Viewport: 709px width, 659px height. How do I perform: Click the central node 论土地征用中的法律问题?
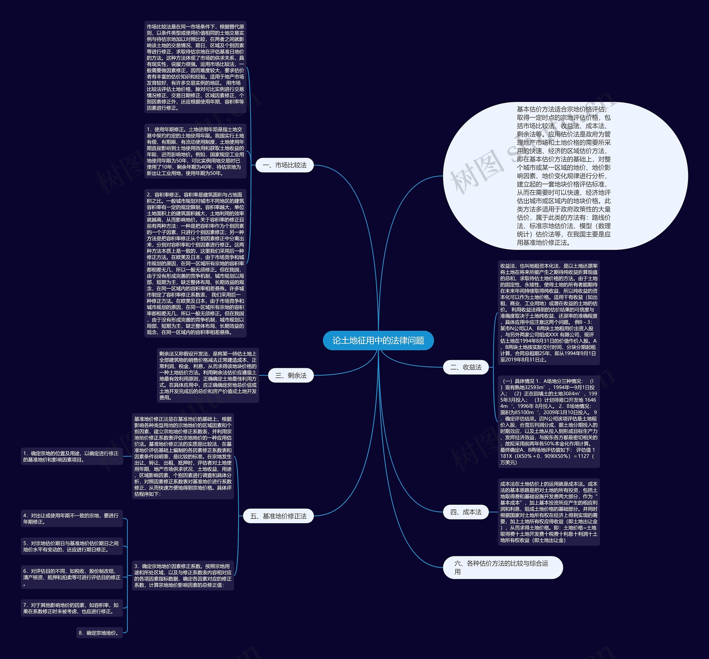(378, 340)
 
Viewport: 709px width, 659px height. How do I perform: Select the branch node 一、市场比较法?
(284, 165)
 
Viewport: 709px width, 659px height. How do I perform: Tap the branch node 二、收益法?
(466, 367)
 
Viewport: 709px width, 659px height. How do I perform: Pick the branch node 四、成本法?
(466, 512)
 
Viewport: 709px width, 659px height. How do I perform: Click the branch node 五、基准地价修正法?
(278, 516)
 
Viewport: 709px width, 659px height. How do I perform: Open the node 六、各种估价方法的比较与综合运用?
(503, 567)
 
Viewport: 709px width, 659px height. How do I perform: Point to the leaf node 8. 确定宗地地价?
(99, 633)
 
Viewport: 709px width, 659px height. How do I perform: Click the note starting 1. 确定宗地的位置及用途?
(72, 457)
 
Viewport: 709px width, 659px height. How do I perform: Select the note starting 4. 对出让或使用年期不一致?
(72, 519)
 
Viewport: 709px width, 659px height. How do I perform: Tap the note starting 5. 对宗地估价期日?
(72, 546)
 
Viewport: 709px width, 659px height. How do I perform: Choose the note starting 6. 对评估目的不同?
(72, 577)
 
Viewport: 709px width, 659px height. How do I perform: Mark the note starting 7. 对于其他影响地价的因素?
(72, 608)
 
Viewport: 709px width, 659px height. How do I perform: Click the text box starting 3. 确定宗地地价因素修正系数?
(183, 576)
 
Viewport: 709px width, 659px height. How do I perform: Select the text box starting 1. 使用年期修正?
(195, 151)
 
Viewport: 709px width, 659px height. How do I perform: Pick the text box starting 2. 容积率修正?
(195, 263)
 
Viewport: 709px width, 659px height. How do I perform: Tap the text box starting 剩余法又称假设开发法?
(208, 376)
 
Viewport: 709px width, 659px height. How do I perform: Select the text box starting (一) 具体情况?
(549, 422)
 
